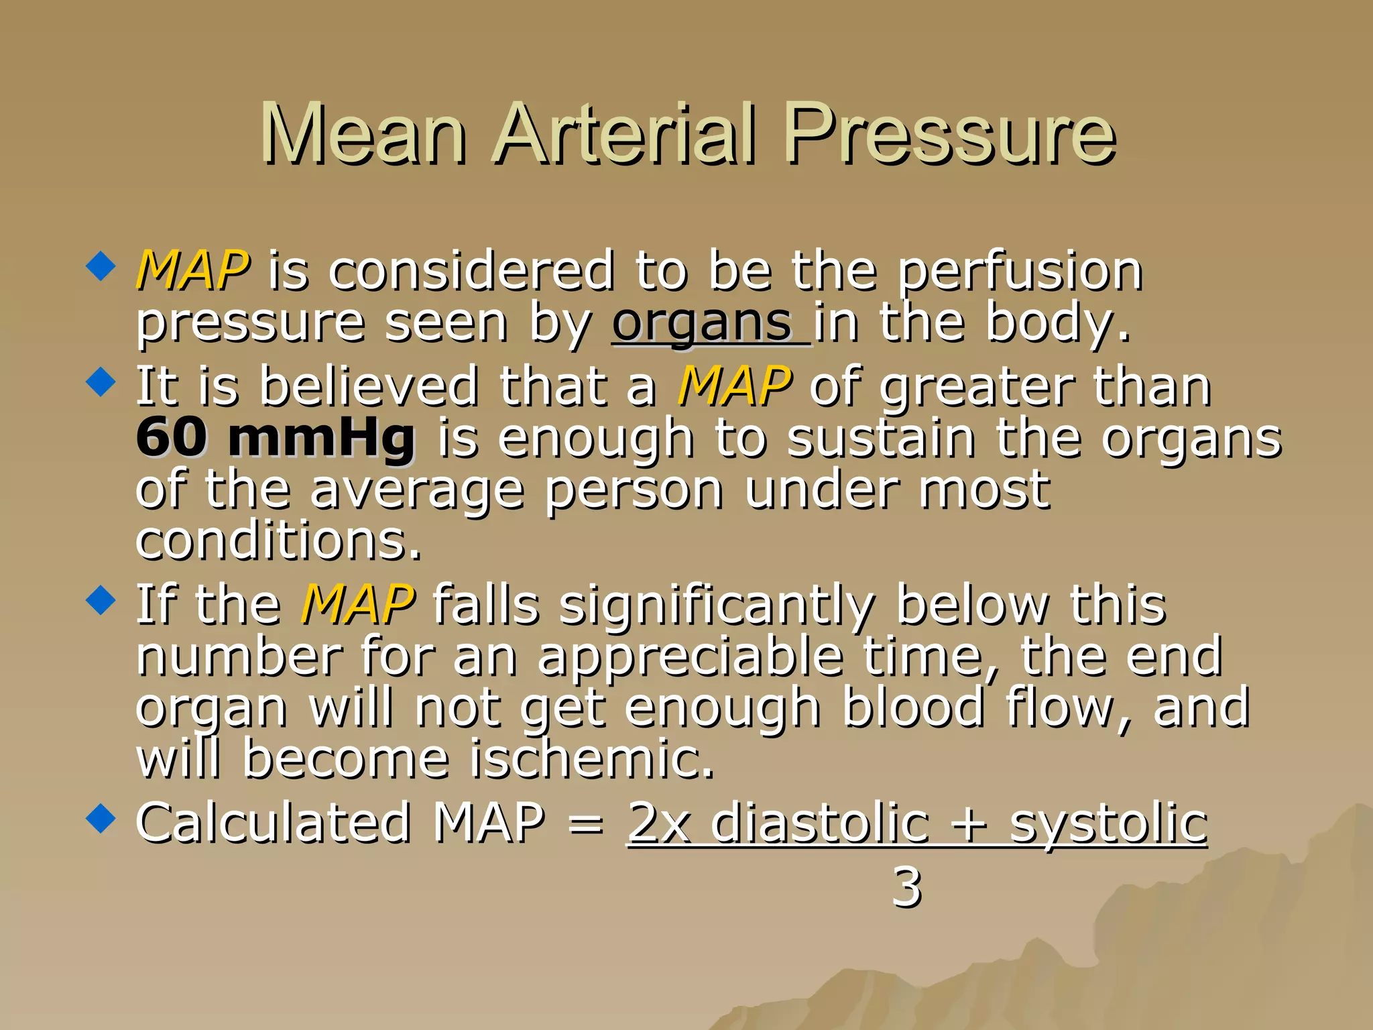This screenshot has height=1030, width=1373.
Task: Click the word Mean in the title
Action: tap(363, 133)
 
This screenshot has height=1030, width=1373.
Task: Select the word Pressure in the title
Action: tap(950, 133)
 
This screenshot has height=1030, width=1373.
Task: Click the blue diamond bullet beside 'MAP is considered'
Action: tap(101, 266)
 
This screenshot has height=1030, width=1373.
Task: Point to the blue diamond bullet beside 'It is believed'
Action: tap(101, 382)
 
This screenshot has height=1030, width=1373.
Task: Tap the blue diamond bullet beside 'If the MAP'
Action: tap(101, 599)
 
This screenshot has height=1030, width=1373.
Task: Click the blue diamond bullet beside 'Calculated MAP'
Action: tap(101, 818)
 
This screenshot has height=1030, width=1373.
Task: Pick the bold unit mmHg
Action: tap(321, 439)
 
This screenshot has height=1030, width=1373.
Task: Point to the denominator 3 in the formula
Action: tap(906, 887)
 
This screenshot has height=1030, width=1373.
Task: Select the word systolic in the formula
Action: tap(1108, 825)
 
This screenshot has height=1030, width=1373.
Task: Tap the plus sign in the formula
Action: tap(969, 825)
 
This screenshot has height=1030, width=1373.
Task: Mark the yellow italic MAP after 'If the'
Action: tap(357, 605)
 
